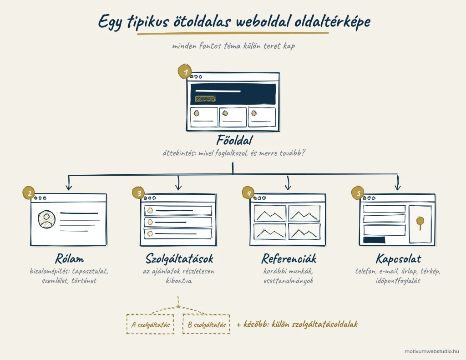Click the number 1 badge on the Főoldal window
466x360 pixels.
pos(185,71)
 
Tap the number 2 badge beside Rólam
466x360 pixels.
pos(29,193)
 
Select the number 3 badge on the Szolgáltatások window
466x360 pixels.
pos(138,193)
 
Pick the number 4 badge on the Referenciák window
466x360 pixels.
pos(249,193)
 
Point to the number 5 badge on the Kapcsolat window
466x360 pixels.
pos(358,193)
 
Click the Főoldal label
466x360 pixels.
pos(234,140)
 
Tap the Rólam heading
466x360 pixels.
pos(69,259)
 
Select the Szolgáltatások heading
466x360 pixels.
pos(179,259)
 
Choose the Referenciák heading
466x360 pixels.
pos(289,259)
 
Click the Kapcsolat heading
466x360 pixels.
pos(398,259)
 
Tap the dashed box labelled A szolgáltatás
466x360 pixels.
pos(150,324)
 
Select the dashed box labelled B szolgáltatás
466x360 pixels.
pos(206,324)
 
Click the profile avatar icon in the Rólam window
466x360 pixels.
pos(47,219)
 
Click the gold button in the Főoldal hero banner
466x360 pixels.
pos(205,99)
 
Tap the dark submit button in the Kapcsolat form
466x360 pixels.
pos(374,239)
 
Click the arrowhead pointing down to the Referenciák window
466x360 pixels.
pos(288,187)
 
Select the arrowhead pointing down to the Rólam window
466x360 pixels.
pos(69,187)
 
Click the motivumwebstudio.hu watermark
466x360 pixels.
pos(431,351)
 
